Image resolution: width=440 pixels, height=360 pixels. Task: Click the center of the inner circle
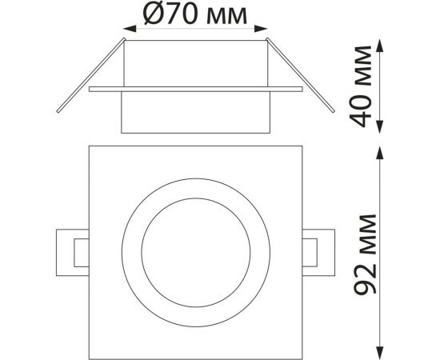(x=196, y=247)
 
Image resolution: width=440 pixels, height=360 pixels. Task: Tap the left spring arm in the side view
(x=88, y=76)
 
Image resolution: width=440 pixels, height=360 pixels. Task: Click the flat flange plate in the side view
(x=196, y=90)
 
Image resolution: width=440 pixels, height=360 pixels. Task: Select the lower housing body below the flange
(x=196, y=112)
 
